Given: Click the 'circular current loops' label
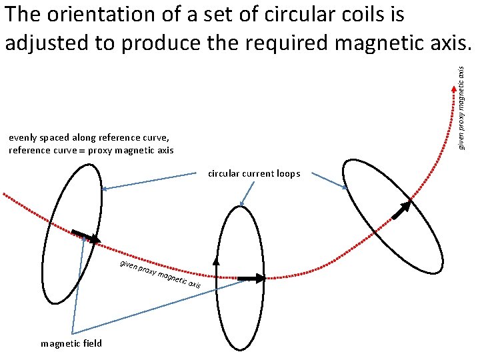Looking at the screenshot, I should coord(254,174).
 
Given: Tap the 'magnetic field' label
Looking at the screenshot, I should coord(71,343).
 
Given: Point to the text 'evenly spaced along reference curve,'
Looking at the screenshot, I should coord(85,138).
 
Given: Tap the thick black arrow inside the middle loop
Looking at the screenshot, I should coord(251,277).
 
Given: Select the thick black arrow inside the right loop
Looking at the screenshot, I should coord(401,210).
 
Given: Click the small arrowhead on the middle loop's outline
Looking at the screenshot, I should coord(215,261).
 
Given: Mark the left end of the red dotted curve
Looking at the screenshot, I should coord(5,195).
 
